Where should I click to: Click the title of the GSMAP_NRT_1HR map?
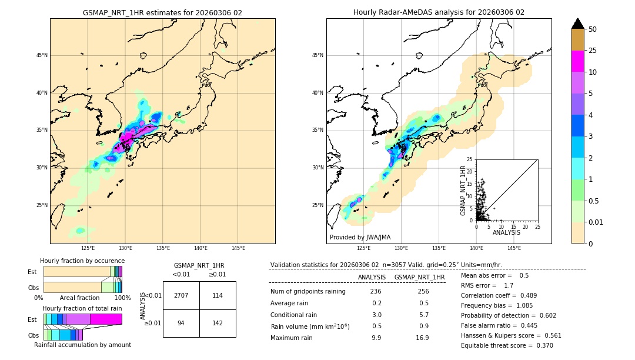(162, 12)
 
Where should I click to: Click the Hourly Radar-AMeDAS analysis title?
(439, 12)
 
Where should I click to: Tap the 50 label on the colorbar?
(593, 29)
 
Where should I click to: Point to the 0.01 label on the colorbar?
(596, 222)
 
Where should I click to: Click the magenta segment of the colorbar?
(577, 61)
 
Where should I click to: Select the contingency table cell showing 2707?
(181, 295)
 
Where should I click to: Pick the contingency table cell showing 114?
(218, 295)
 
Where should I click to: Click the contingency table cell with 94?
(181, 323)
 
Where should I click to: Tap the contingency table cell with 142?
(218, 323)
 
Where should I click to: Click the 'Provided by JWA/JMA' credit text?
(360, 237)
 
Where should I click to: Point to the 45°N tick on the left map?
(42, 55)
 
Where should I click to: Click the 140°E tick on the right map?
(476, 248)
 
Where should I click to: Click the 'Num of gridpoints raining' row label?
(308, 291)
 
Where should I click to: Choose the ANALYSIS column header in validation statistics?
(372, 277)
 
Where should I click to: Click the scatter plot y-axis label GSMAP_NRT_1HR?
(463, 189)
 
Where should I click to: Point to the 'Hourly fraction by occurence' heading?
(82, 261)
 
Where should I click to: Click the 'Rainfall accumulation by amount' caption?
(82, 345)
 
